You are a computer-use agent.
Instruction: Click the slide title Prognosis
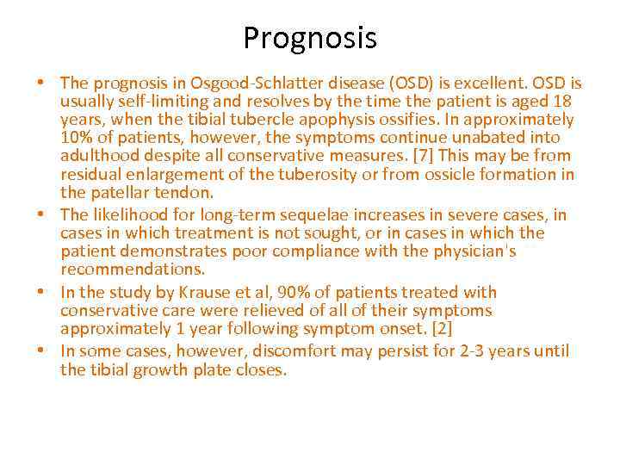coord(310,38)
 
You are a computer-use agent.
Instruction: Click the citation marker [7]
coord(417,156)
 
